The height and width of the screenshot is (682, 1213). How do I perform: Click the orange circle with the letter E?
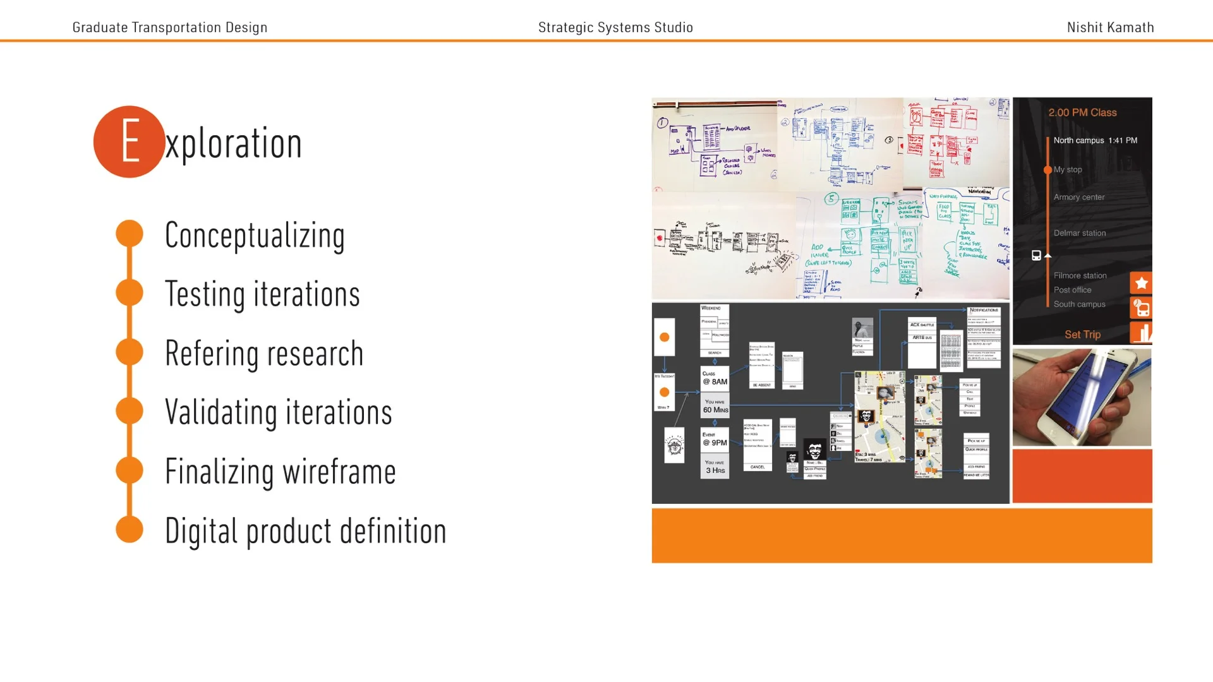point(129,142)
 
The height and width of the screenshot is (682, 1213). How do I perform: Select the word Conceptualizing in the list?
point(255,236)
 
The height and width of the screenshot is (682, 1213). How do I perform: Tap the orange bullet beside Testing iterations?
point(130,292)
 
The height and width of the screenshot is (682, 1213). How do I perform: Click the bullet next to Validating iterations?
point(130,411)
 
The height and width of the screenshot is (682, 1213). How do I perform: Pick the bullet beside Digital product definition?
point(130,529)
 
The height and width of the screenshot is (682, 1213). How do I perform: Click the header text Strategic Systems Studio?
point(615,27)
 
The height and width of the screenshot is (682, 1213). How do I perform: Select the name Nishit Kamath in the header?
point(1110,27)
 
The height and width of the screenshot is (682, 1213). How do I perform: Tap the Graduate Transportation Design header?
point(170,27)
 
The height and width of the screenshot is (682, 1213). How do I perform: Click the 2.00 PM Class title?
point(1082,112)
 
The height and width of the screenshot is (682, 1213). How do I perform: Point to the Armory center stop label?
point(1078,197)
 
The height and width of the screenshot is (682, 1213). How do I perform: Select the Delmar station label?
point(1079,233)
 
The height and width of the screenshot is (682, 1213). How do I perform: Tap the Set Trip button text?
point(1082,335)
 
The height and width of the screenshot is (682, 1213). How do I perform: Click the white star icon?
point(1141,283)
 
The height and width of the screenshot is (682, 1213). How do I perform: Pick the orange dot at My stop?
point(1047,170)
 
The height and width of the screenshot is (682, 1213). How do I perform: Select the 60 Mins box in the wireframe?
point(715,406)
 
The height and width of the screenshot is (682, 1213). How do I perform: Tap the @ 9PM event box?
point(715,439)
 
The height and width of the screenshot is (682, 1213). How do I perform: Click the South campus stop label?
point(1079,304)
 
